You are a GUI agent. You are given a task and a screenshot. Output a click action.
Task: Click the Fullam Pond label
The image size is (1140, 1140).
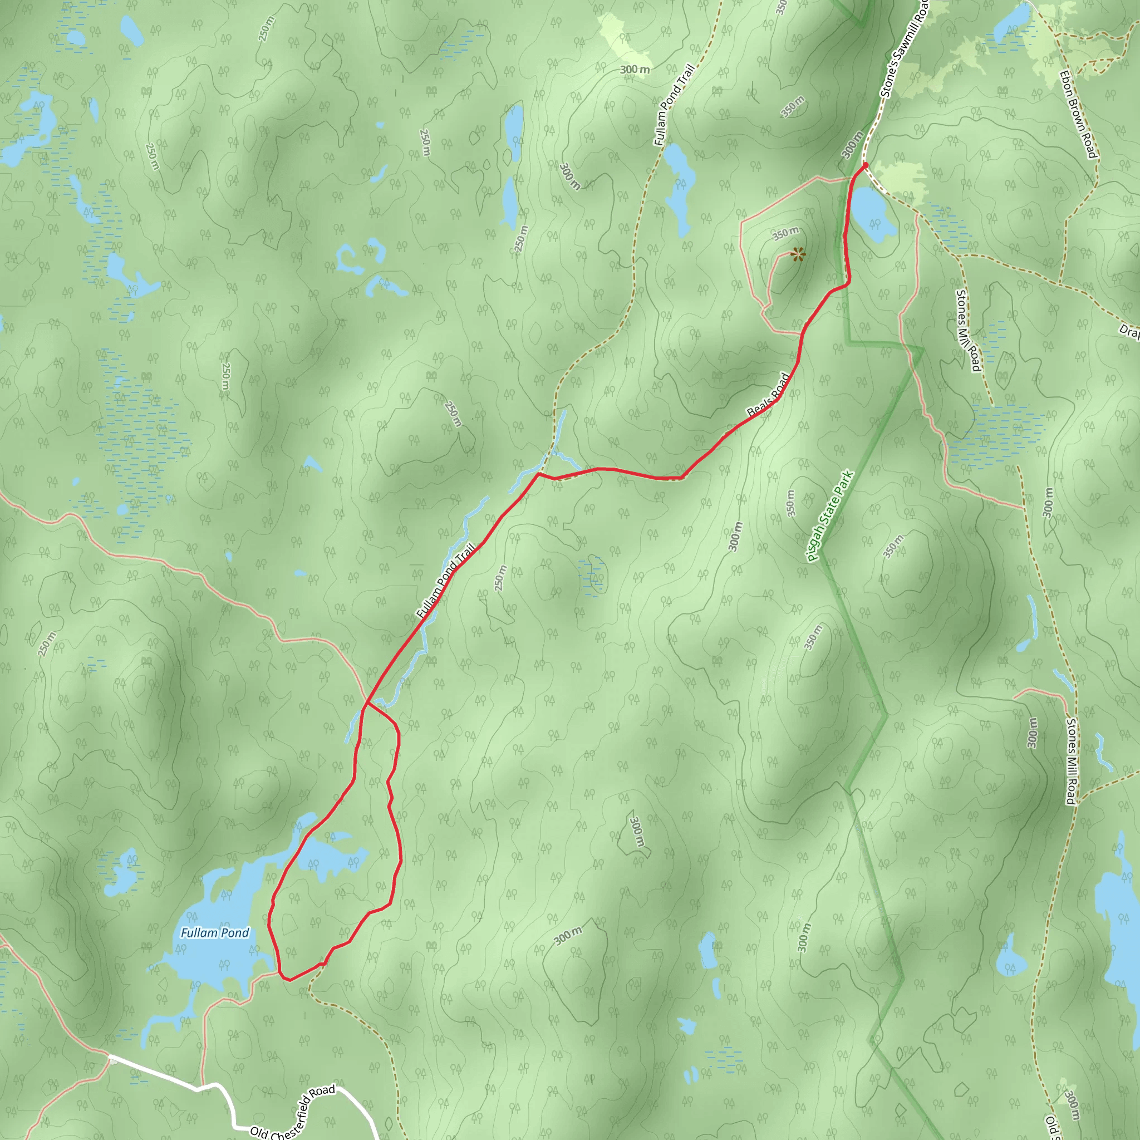click(215, 933)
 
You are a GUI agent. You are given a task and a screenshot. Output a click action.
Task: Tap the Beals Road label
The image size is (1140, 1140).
click(768, 395)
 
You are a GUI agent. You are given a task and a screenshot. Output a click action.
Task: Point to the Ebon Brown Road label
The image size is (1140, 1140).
click(1078, 115)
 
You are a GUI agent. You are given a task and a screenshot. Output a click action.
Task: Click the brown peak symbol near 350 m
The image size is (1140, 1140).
click(798, 254)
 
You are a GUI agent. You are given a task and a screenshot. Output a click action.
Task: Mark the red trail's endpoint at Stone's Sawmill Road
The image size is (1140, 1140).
click(865, 165)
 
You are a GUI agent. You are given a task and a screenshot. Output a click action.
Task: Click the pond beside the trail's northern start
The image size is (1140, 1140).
click(872, 214)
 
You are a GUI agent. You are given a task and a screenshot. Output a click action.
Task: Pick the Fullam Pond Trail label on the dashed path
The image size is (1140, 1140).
click(674, 105)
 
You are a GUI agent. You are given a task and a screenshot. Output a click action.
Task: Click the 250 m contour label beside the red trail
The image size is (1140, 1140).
click(500, 578)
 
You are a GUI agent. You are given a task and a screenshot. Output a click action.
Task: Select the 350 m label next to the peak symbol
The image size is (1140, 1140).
click(785, 234)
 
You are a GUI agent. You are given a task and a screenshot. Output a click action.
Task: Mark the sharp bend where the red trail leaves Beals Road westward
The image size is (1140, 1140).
click(538, 473)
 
